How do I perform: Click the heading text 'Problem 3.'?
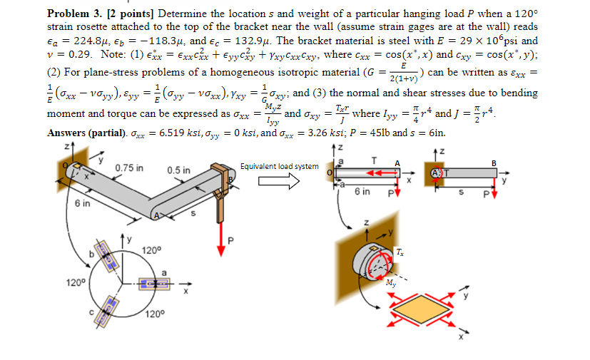click(x=74, y=14)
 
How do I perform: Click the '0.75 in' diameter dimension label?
click(x=129, y=168)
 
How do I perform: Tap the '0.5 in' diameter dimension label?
click(x=179, y=170)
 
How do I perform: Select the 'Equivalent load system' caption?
click(x=279, y=166)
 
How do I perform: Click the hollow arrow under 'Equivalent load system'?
click(x=279, y=181)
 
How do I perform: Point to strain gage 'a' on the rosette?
click(x=154, y=284)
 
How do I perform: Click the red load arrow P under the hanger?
click(x=221, y=240)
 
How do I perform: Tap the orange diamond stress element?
click(x=421, y=309)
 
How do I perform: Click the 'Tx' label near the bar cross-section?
click(x=400, y=252)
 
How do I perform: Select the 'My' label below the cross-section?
click(x=391, y=282)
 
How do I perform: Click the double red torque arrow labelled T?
click(x=380, y=173)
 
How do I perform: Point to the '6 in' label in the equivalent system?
click(x=362, y=192)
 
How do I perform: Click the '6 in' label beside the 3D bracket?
click(x=82, y=203)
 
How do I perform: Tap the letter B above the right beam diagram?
click(x=494, y=163)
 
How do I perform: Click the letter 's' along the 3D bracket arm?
click(x=193, y=213)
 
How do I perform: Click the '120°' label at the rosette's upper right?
click(x=151, y=250)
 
